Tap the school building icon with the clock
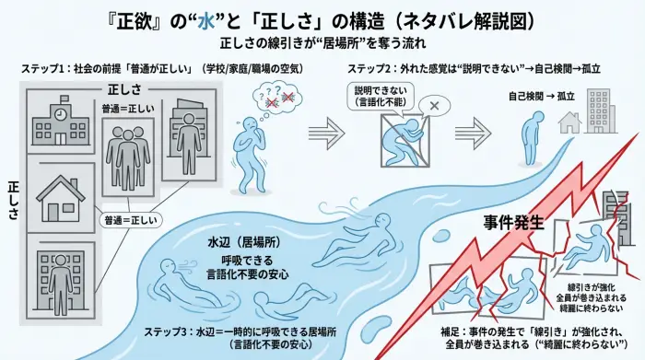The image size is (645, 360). (x=59, y=123)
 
